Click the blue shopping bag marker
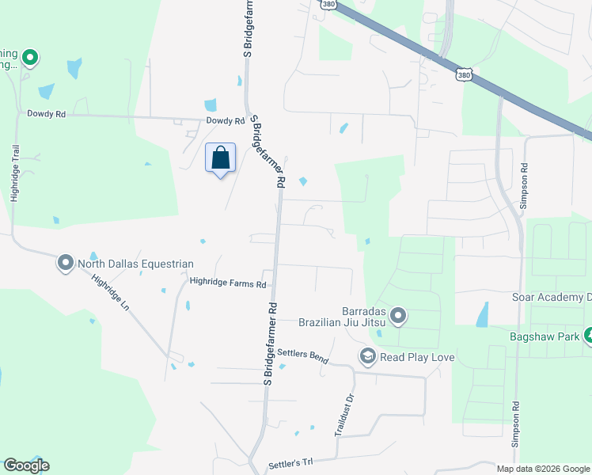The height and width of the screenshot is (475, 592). tap(220, 158)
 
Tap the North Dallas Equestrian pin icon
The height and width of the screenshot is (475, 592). tap(65, 264)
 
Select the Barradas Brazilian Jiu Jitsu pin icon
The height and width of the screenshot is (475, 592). tap(398, 317)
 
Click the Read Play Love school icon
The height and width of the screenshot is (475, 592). tap(367, 357)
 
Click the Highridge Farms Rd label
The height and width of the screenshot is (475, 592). tap(228, 281)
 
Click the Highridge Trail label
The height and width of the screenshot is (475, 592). tap(14, 173)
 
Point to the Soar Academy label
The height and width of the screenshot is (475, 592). tap(551, 298)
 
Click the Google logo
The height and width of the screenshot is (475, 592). tap(26, 465)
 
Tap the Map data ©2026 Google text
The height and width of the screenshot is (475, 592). tap(542, 469)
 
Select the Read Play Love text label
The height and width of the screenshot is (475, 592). tap(417, 357)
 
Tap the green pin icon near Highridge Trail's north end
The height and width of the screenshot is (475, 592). tap(30, 57)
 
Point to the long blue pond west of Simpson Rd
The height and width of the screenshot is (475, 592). tap(481, 315)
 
